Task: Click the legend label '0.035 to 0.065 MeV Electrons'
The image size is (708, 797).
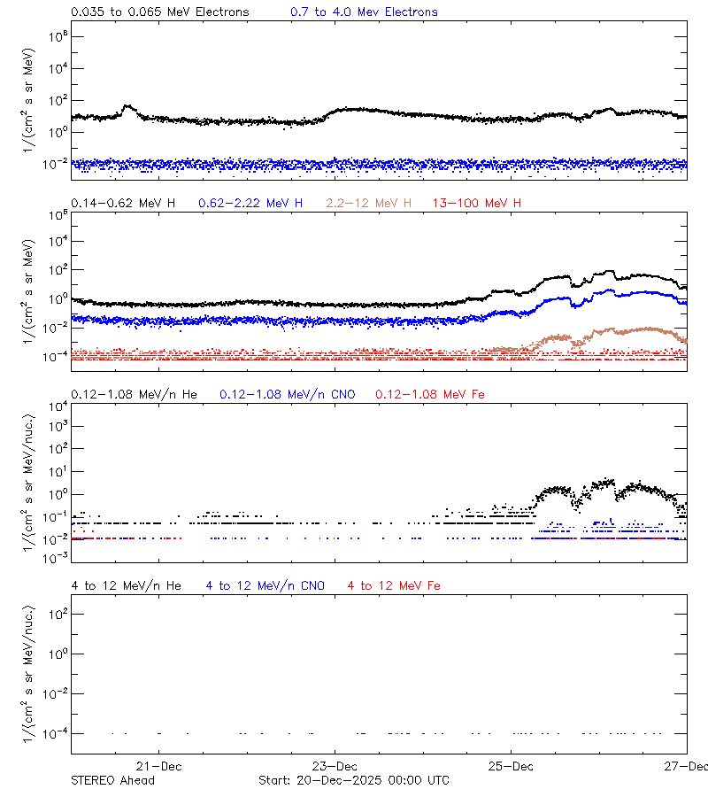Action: tap(159, 12)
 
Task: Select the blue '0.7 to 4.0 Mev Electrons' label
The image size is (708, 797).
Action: tap(364, 12)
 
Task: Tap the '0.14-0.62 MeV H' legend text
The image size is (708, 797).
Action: tap(123, 204)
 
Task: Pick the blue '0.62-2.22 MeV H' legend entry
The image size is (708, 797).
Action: tap(250, 204)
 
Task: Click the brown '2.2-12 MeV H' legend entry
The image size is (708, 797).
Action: tap(369, 204)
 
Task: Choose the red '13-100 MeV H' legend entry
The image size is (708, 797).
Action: tap(477, 204)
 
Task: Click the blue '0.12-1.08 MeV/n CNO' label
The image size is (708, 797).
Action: tap(287, 394)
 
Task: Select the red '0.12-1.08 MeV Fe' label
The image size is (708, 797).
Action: tap(430, 394)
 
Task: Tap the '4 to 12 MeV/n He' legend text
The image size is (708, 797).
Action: tap(126, 585)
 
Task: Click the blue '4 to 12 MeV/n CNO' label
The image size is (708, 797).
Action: tap(265, 585)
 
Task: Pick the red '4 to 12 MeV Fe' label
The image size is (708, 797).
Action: tap(394, 585)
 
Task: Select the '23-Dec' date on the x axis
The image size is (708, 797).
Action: tap(335, 766)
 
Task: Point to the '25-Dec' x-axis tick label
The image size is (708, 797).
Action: tap(511, 766)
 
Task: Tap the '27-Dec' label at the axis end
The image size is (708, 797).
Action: tap(686, 766)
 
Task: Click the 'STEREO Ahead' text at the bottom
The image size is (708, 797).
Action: tap(112, 780)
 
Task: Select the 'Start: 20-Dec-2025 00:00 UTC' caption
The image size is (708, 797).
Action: tap(353, 780)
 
